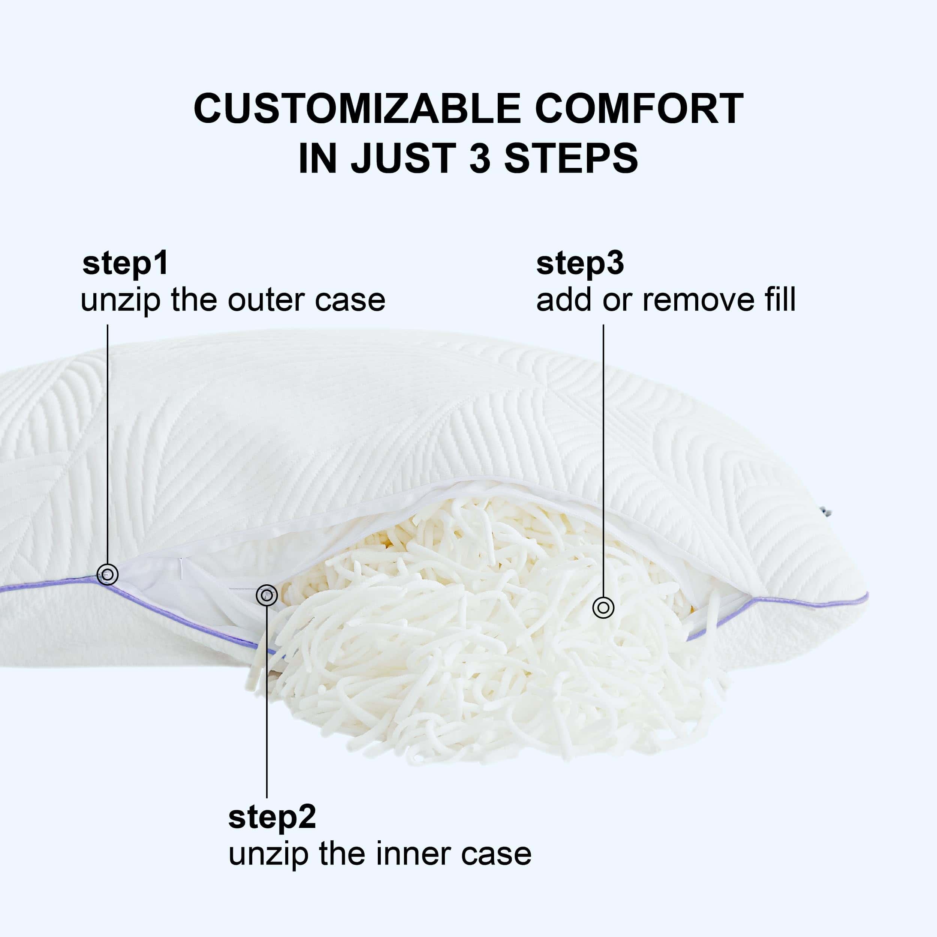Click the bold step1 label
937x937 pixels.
tap(125, 264)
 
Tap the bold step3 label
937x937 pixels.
tap(580, 264)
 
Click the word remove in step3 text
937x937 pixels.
tap(698, 300)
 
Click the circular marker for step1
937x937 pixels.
tap(108, 575)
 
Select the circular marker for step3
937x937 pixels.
tap(603, 607)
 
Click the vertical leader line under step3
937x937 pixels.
tap(603, 460)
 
